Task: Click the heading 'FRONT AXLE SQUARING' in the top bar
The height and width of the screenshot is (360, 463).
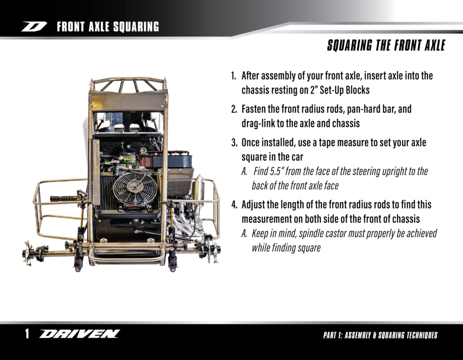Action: pos(108,27)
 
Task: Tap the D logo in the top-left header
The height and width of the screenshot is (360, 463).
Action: pos(34,27)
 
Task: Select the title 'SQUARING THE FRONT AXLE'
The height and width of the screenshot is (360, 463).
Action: pos(386,46)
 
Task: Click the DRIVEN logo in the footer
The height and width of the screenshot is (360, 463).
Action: pos(79,334)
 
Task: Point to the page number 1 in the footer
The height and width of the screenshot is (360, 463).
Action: pos(27,334)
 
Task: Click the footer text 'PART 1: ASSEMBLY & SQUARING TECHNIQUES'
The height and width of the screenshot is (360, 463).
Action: pos(380,335)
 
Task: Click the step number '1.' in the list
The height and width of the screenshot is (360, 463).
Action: pos(234,76)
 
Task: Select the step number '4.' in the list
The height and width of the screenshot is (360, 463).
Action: pos(234,204)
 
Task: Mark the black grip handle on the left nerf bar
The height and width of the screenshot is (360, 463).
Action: pos(63,198)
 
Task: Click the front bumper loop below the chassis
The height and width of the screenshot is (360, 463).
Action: pos(127,258)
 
